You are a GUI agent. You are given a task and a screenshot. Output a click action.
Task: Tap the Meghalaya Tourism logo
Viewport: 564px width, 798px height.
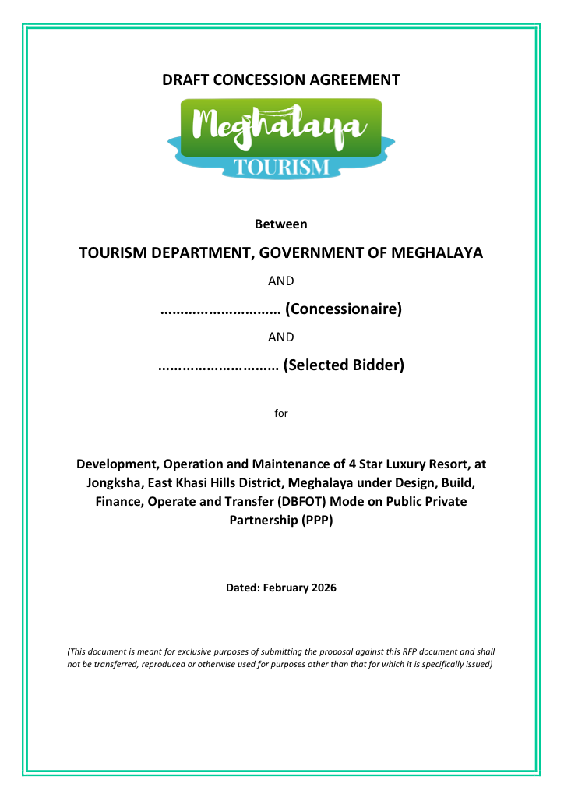281,137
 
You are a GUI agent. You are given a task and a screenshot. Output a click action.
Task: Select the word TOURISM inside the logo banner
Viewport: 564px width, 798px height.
281,167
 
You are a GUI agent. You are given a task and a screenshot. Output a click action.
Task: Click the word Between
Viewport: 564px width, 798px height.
281,224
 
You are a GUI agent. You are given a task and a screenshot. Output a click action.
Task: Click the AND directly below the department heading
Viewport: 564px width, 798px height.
281,281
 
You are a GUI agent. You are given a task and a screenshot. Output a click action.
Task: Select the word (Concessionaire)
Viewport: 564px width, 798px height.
344,309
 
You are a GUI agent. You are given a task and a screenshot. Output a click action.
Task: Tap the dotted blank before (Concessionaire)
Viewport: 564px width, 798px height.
220,309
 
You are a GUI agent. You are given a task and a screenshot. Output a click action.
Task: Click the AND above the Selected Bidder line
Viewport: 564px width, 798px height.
281,337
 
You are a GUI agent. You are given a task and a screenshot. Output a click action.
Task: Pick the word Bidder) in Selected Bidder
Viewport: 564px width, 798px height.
379,365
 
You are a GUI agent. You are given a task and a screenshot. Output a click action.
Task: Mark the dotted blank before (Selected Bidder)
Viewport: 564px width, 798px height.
219,365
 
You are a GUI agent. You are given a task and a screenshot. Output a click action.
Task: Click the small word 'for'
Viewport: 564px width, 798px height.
281,413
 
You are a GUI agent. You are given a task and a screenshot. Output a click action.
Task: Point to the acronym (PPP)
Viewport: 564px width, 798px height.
316,520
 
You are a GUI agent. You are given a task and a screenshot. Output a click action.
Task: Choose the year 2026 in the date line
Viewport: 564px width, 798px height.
321,588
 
